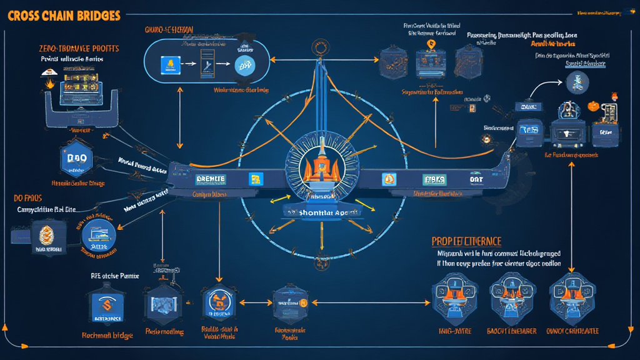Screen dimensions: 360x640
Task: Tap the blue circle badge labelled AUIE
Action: [x=99, y=238]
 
